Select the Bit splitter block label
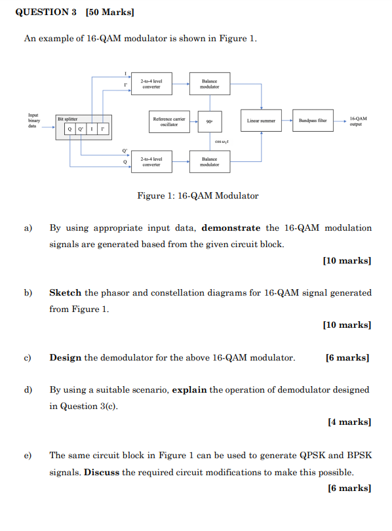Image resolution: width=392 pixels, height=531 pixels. (68, 119)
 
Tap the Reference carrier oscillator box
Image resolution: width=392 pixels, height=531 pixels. (169, 122)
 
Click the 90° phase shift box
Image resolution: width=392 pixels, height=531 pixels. (209, 122)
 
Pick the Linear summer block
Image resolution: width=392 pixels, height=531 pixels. (262, 121)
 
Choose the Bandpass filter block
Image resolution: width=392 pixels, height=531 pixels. (313, 121)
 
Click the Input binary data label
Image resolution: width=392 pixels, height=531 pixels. (34, 121)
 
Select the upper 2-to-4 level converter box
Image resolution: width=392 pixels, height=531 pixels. (151, 83)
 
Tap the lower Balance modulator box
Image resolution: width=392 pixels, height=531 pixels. (210, 161)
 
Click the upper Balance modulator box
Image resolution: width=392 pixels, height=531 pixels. (210, 83)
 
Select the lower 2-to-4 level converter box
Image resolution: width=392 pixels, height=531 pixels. (151, 161)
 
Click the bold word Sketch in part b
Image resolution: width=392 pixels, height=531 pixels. (66, 292)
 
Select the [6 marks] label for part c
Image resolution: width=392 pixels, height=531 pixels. (347, 357)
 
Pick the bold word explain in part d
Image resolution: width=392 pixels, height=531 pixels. (189, 389)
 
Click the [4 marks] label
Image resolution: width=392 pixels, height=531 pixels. (349, 422)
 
